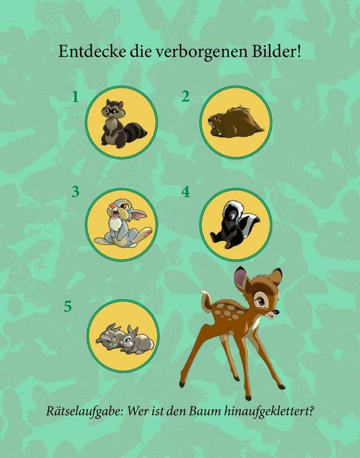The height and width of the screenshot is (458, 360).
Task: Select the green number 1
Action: click(75, 97)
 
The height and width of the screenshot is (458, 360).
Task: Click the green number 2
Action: click(186, 97)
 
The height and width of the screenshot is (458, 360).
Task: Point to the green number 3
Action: click(75, 191)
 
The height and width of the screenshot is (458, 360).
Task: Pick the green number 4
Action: click(186, 191)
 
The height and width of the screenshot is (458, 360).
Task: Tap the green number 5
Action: click(67, 307)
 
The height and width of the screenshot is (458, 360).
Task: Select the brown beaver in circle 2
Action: click(234, 122)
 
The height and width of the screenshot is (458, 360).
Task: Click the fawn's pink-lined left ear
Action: click(241, 279)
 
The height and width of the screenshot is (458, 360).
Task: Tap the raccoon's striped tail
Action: click(135, 133)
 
